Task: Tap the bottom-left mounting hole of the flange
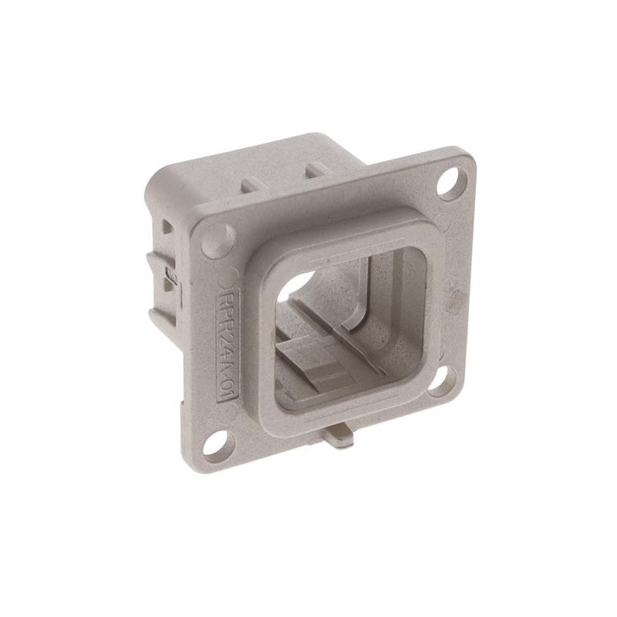click(x=217, y=445)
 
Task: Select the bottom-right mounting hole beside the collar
click(x=440, y=380)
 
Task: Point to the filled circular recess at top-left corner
click(x=217, y=241)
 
